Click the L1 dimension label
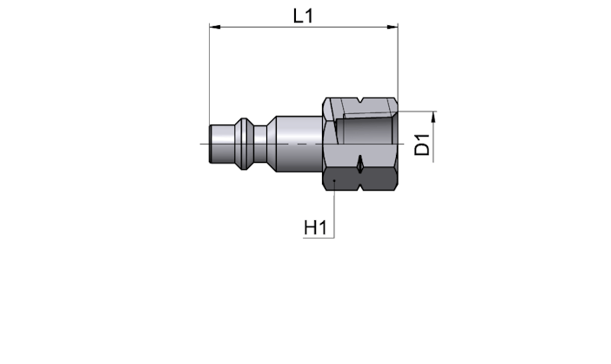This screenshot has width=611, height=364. pyautogui.click(x=303, y=16)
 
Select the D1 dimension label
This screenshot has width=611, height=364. pyautogui.click(x=422, y=145)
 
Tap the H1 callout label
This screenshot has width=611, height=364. pyautogui.click(x=315, y=227)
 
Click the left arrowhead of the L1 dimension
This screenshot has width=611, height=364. pyautogui.click(x=215, y=27)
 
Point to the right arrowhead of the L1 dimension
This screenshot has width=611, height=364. pyautogui.click(x=393, y=27)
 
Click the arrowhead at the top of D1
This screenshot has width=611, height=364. pyautogui.click(x=433, y=117)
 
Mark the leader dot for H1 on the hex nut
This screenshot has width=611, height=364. pyautogui.click(x=334, y=180)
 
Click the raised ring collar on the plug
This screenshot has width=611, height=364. pyautogui.click(x=244, y=144)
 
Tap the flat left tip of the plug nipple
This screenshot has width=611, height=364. pyautogui.click(x=211, y=144)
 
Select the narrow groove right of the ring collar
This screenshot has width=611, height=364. pyautogui.click(x=260, y=144)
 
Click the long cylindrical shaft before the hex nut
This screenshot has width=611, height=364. pyautogui.click(x=299, y=144)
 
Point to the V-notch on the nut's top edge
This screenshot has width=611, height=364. pyautogui.click(x=361, y=100)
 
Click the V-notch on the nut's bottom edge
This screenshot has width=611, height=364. pyautogui.click(x=361, y=187)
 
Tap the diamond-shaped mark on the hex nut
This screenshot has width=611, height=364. pyautogui.click(x=360, y=164)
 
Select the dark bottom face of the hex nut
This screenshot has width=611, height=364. pyautogui.click(x=360, y=179)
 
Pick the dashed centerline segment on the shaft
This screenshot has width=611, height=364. pyautogui.click(x=300, y=144)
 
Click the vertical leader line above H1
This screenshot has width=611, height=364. pyautogui.click(x=334, y=209)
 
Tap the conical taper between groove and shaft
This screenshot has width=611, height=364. pyautogui.click(x=272, y=144)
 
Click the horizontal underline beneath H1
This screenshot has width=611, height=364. pyautogui.click(x=319, y=238)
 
